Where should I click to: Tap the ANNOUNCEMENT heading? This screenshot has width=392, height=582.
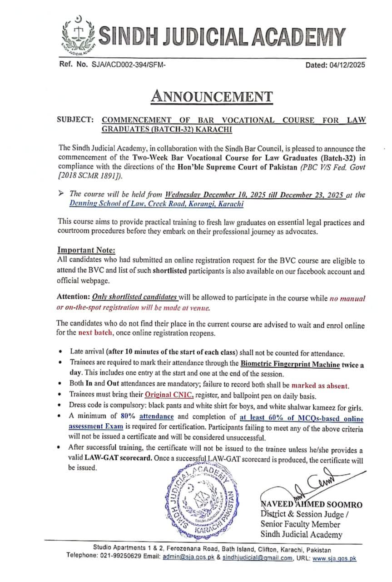pyautogui.click(x=212, y=97)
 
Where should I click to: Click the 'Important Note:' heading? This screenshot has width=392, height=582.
pyautogui.click(x=86, y=250)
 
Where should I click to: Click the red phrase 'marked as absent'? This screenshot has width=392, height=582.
pyautogui.click(x=320, y=386)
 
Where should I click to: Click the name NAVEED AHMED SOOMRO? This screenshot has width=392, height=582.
pyautogui.click(x=311, y=504)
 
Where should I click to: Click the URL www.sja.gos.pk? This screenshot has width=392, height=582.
pyautogui.click(x=334, y=558)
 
